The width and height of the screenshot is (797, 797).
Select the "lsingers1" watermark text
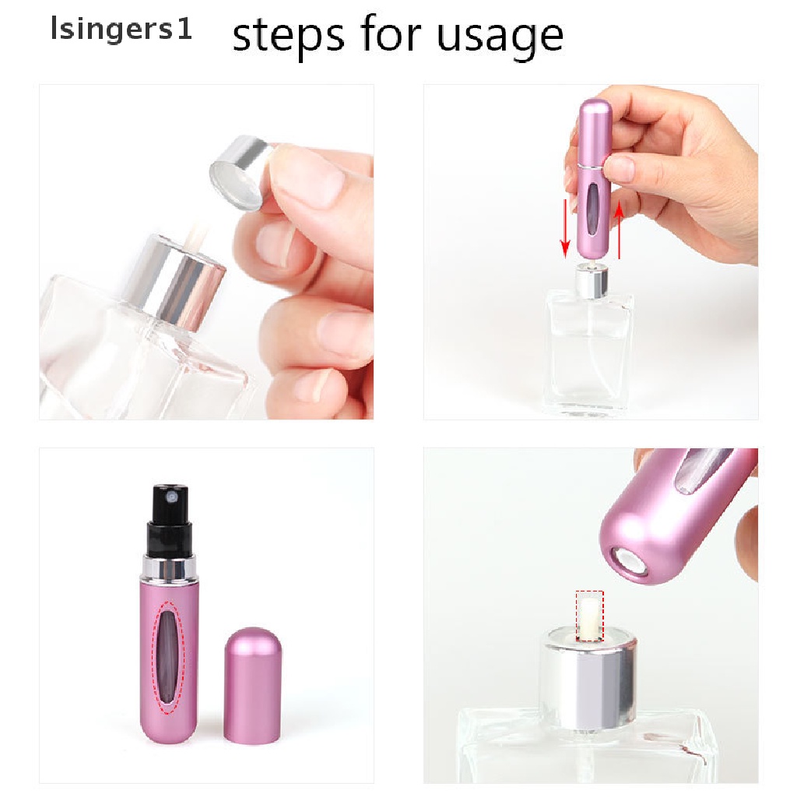(x=121, y=31)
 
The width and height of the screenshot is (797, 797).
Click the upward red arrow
(x=620, y=230)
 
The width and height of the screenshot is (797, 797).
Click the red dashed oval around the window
(x=167, y=656)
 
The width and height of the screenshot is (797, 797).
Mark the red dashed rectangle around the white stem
(x=589, y=616)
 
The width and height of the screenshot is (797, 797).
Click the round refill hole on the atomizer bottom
(x=628, y=563)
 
